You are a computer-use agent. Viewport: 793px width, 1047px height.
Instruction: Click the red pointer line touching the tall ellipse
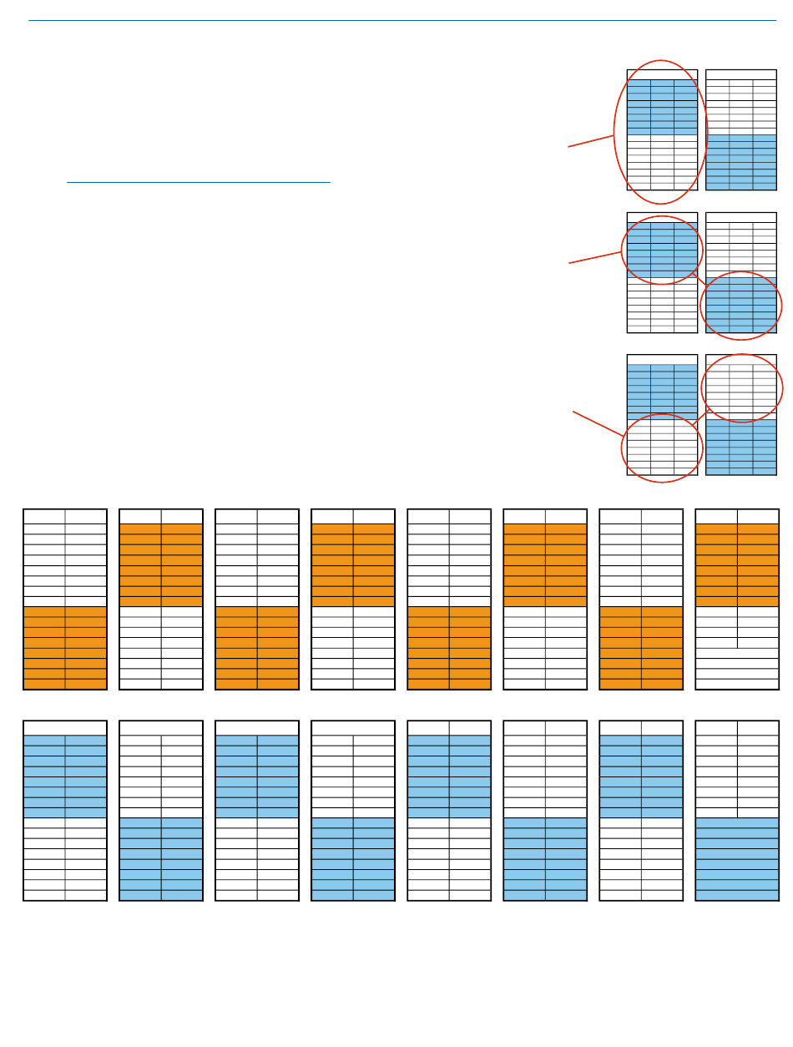[591, 140]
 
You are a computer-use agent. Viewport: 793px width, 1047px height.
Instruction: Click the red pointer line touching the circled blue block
[595, 257]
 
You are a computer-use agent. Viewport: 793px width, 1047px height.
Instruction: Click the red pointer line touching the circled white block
[597, 423]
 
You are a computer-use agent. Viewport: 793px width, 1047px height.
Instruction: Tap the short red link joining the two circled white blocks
[700, 418]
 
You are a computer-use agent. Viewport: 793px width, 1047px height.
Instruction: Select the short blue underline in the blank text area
[199, 181]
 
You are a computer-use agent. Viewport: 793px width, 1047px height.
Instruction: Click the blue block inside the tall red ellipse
[662, 107]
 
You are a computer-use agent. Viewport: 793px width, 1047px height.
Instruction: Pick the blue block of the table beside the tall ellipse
[740, 162]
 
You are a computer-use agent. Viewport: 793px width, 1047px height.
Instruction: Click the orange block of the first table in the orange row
[65, 648]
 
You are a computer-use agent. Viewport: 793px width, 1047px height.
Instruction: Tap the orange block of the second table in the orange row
[161, 564]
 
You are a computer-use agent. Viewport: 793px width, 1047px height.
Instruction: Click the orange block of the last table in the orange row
[737, 564]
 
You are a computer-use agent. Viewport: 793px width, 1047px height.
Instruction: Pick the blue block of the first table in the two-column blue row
[65, 776]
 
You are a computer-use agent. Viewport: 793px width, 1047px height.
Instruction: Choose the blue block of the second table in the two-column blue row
[161, 859]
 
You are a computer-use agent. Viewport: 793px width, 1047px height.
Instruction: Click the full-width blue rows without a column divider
[737, 859]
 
